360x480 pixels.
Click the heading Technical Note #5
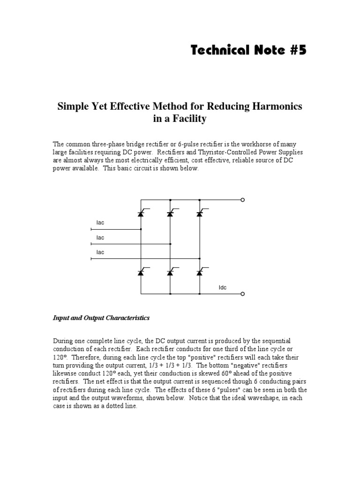pyautogui.click(x=248, y=50)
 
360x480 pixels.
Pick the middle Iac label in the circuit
pyautogui.click(x=100, y=238)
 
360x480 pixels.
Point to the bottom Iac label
pyautogui.click(x=100, y=252)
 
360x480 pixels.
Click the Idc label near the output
pyautogui.click(x=223, y=287)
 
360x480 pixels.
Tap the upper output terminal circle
pyautogui.click(x=242, y=200)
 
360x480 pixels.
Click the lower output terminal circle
pyautogui.click(x=242, y=294)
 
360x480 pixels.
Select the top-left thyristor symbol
pyautogui.click(x=141, y=213)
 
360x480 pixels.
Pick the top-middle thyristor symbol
pyautogui.click(x=170, y=213)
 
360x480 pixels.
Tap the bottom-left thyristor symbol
pyautogui.click(x=141, y=272)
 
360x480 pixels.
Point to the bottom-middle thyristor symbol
pyautogui.click(x=170, y=272)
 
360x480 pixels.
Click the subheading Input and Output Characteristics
pyautogui.click(x=101, y=318)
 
